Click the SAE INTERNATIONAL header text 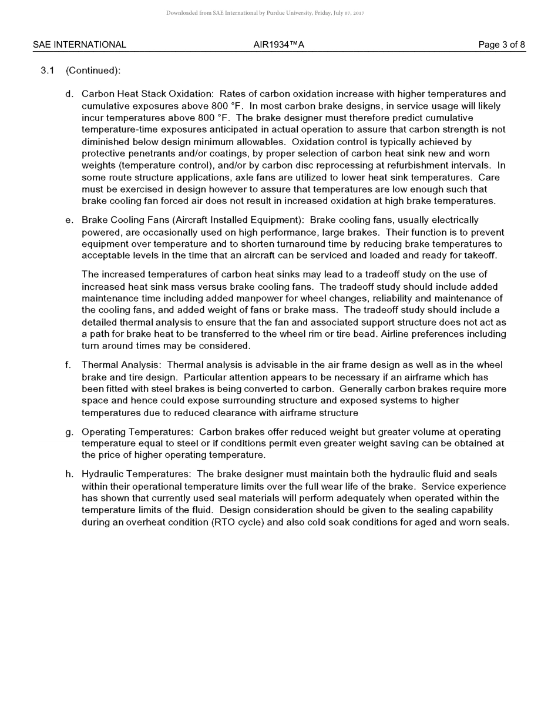[79, 45]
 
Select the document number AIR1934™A [278, 45]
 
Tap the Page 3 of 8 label [502, 45]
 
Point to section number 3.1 [48, 71]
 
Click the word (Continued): [93, 71]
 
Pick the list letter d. [69, 94]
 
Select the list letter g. [69, 432]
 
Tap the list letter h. [69, 474]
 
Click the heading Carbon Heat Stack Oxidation [147, 94]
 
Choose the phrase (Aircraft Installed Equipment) [237, 220]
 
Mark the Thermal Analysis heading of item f [121, 365]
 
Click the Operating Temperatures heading [136, 432]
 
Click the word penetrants [140, 153]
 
